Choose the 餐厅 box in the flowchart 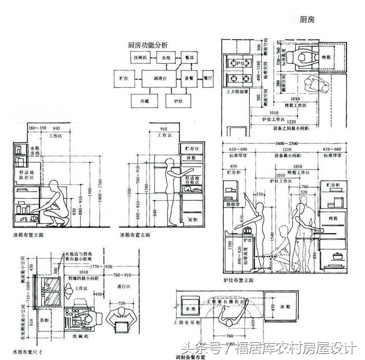click(209, 78)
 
